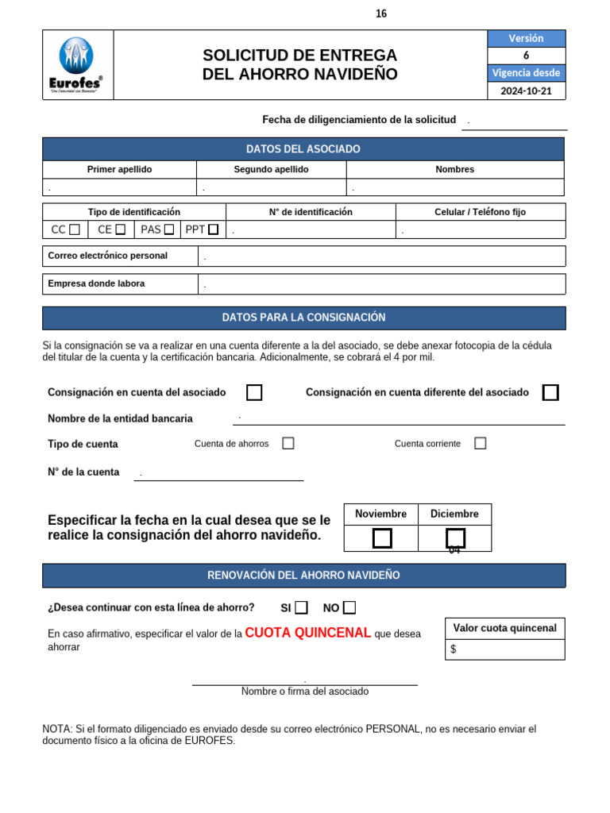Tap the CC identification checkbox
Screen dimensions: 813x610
click(75, 230)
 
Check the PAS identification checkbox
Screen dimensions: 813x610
click(168, 230)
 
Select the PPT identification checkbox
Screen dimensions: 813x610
click(213, 230)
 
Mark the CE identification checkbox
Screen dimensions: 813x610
click(120, 230)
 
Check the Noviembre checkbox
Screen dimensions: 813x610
click(382, 538)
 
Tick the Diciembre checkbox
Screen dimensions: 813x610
click(455, 538)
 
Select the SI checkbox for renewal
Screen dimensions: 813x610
click(301, 608)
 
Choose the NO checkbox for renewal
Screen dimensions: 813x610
click(349, 608)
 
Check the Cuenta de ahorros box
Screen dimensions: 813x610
click(288, 444)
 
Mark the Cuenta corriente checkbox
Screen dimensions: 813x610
click(480, 444)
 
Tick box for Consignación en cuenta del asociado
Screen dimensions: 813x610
click(254, 392)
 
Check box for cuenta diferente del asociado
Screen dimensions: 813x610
click(550, 392)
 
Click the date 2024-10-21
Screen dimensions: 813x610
click(526, 91)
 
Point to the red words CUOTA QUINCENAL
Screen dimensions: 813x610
click(308, 633)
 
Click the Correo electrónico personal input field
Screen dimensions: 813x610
click(381, 256)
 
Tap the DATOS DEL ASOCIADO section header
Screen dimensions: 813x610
click(303, 149)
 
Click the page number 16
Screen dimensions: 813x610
click(381, 14)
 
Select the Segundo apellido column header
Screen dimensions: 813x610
click(271, 169)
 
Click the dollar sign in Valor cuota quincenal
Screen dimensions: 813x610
click(453, 649)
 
